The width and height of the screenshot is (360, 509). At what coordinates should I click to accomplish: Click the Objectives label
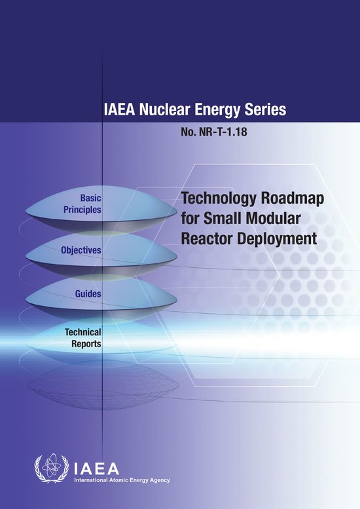[x=81, y=250]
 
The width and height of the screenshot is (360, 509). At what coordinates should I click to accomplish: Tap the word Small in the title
[x=230, y=219]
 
